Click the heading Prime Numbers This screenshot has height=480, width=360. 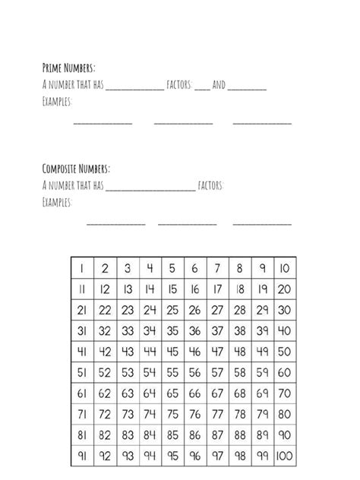(68, 68)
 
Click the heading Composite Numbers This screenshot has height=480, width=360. (76, 169)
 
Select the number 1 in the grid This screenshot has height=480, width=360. (82, 267)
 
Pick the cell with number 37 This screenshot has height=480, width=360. (217, 331)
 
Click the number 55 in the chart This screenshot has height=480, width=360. (172, 373)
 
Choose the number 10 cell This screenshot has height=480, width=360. (284, 267)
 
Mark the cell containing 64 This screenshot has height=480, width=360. (150, 394)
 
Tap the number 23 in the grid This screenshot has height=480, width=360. (128, 310)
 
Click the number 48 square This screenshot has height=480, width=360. (240, 352)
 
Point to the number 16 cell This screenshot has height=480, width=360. (195, 289)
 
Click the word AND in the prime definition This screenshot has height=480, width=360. (219, 85)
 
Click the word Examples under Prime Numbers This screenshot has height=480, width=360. (56, 101)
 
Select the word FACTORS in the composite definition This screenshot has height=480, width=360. (210, 185)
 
